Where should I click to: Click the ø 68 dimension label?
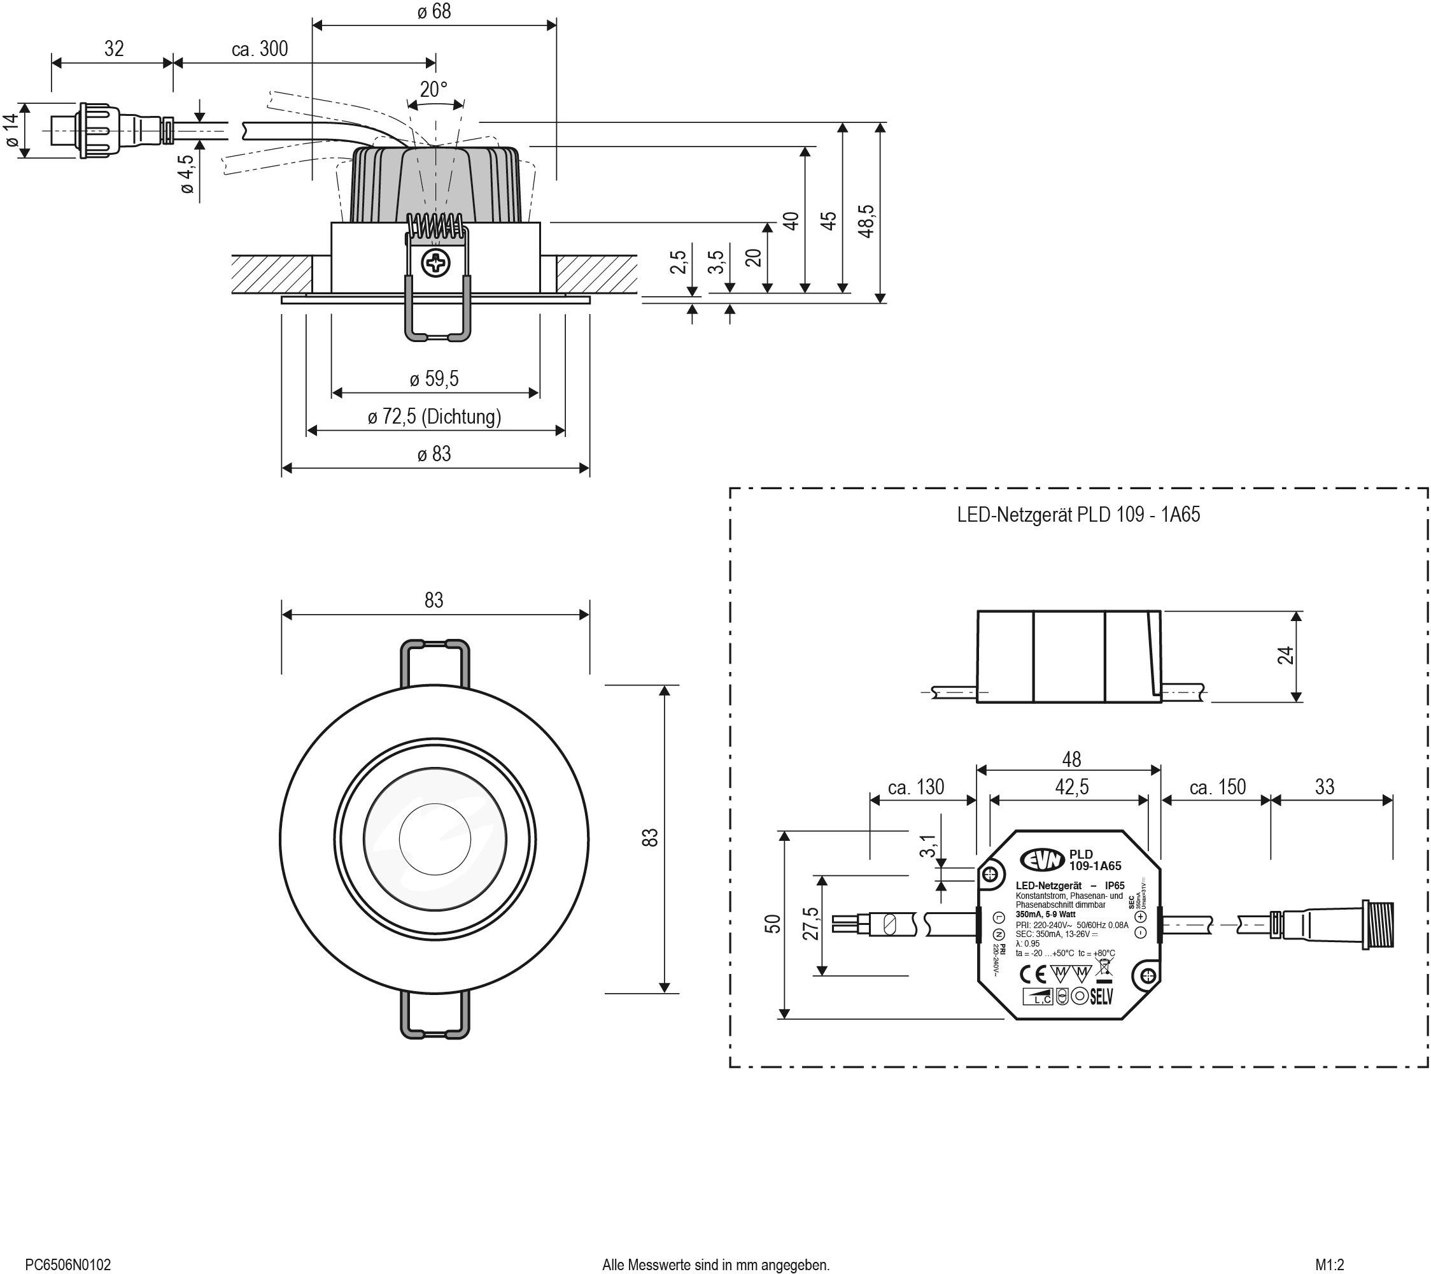coord(434,12)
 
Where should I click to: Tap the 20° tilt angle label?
coord(434,90)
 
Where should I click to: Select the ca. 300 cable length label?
coord(260,48)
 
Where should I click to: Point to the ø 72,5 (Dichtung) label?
coord(434,417)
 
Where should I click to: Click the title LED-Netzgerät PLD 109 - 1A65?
coord(1078,515)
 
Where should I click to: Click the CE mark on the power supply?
coord(1031,974)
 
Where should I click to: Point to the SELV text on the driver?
coord(1101,996)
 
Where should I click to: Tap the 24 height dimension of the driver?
coord(1285,655)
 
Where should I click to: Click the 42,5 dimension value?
coord(1072,787)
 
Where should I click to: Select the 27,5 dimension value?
coord(811,924)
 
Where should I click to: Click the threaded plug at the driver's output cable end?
coord(1378,924)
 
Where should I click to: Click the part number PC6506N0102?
coord(68,1265)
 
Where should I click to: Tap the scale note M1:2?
coord(1330,1265)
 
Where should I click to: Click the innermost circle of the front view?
coord(435,839)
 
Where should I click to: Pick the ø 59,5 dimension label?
coord(434,379)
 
